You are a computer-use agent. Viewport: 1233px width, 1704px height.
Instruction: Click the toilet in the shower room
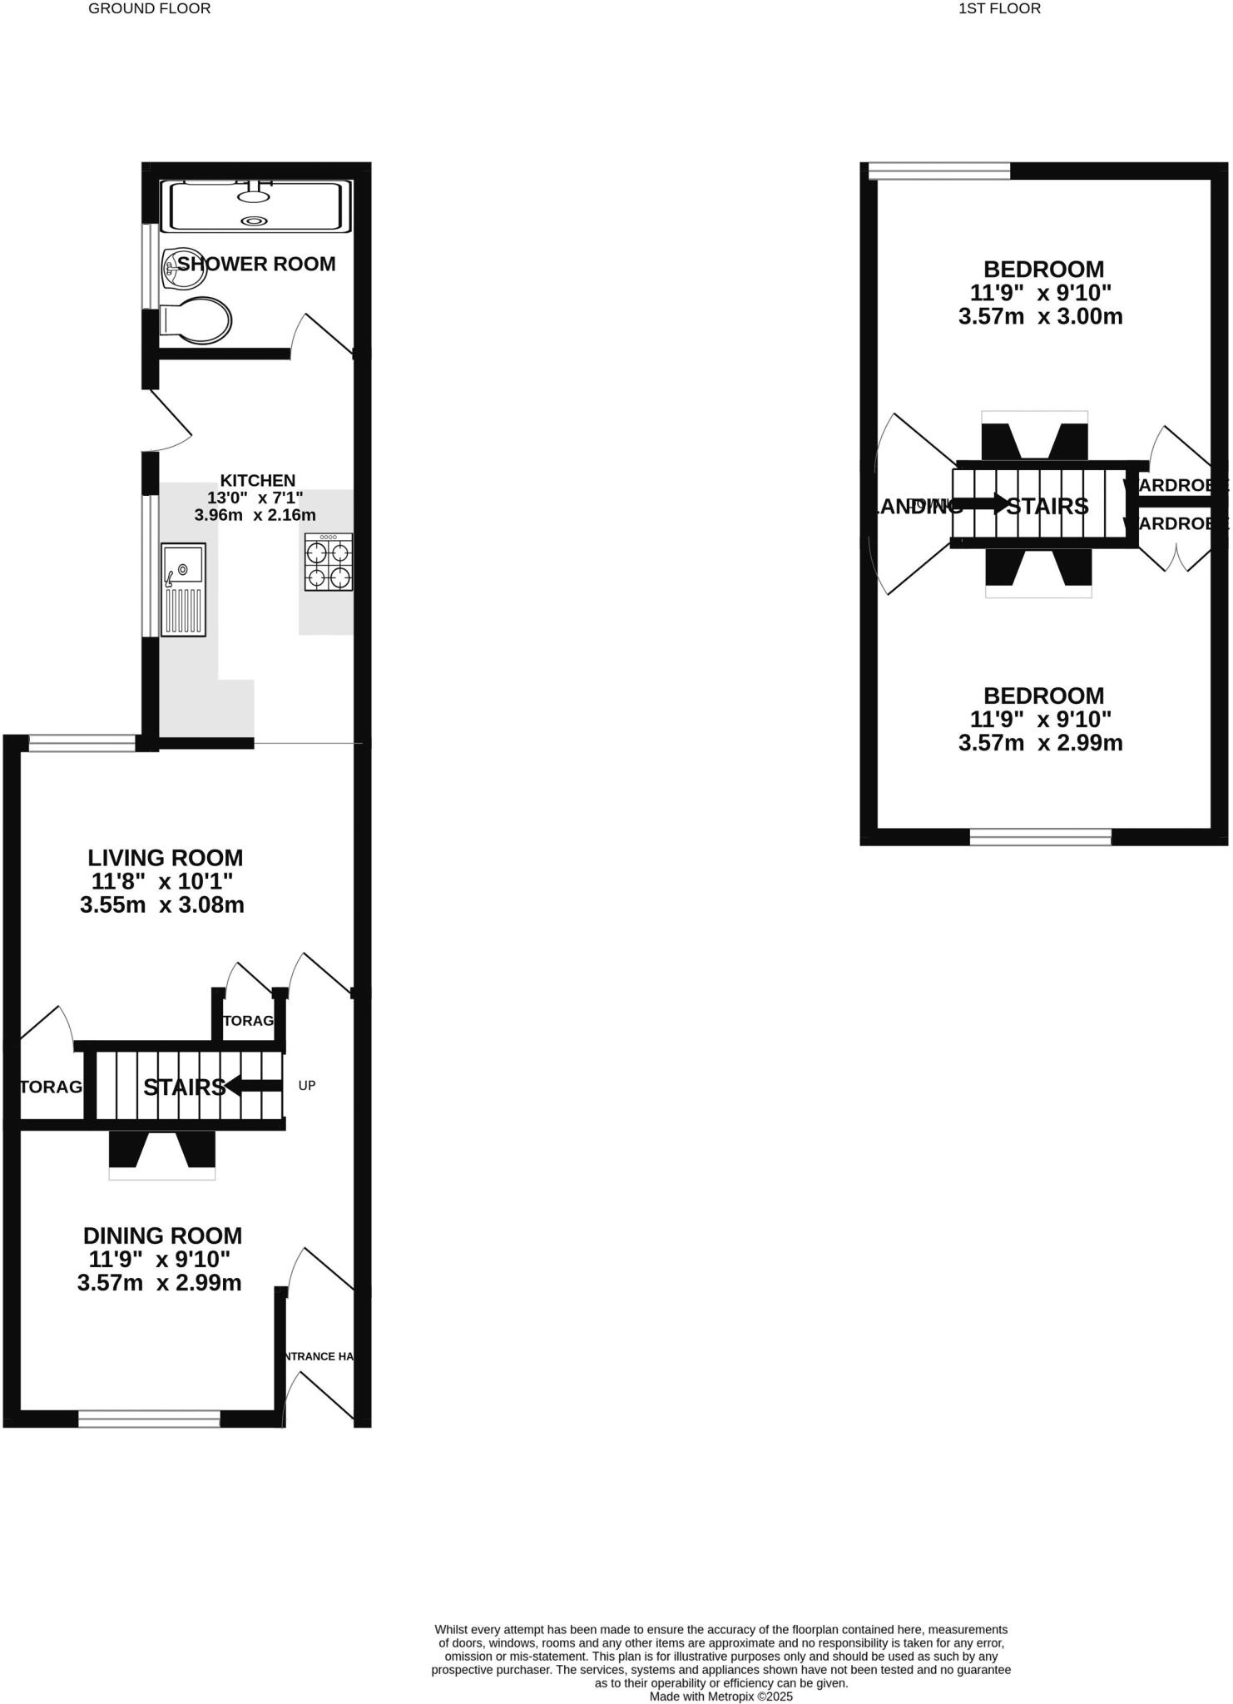pos(196,320)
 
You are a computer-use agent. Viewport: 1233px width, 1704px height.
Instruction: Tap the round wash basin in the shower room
pos(176,267)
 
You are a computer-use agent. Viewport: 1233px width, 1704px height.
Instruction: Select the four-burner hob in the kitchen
pos(329,562)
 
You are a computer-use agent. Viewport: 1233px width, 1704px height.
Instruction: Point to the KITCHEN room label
pos(257,480)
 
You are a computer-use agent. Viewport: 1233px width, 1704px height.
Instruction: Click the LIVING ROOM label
pos(166,858)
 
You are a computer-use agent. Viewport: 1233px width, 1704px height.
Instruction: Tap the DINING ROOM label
pos(162,1236)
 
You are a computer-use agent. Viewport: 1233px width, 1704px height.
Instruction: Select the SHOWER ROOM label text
pos(256,264)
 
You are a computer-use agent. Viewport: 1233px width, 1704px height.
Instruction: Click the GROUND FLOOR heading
pos(150,8)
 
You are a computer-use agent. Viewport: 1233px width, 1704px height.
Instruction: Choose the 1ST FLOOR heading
pos(999,8)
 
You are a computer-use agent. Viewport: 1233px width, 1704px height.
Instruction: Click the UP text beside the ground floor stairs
pos(307,1086)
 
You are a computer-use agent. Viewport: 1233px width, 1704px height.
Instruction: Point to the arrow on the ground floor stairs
pos(254,1085)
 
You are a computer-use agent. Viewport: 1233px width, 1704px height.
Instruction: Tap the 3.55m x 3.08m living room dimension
pos(162,905)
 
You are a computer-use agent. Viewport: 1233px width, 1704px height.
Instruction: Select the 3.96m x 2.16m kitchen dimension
pos(255,515)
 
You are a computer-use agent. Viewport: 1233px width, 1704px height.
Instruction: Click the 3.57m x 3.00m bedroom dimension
pos(1040,317)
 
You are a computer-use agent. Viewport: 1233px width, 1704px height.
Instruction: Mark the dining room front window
pos(149,1419)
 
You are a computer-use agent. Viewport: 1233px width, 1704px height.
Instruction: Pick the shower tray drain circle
pos(254,220)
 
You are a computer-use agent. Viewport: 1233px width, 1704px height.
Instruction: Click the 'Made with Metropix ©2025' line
pos(720,1696)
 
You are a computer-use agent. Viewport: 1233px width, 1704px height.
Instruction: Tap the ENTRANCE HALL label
pos(319,1356)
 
